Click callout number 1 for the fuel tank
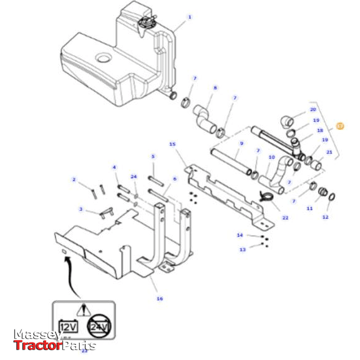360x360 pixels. point(190,17)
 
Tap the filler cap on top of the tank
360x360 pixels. point(147,24)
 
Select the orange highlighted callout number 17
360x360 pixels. point(340,125)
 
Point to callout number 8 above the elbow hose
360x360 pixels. point(215,88)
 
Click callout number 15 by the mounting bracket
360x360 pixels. point(172,144)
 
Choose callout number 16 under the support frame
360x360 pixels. point(160,299)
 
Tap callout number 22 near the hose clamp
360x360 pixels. point(285,218)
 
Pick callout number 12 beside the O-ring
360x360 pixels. point(325,216)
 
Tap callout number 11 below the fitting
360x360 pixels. point(309,208)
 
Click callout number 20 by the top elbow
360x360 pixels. point(313,109)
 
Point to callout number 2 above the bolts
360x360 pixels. point(74,180)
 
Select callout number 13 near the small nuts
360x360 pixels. point(243,248)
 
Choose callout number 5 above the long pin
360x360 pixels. point(153,156)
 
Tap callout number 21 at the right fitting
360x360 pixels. point(329,152)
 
